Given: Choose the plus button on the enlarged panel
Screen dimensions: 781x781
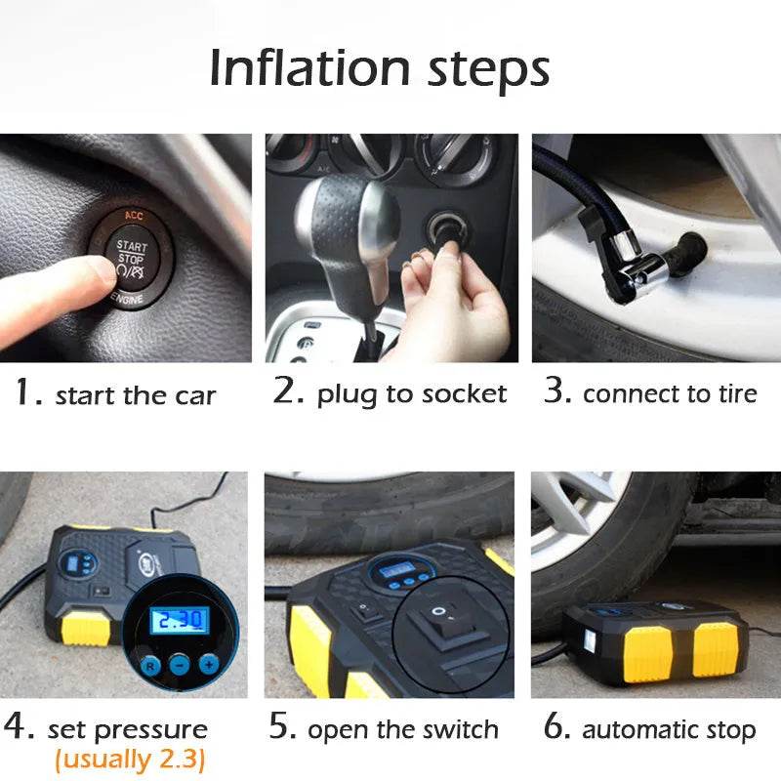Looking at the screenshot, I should click(208, 664).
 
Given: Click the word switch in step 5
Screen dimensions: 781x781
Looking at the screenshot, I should click(458, 729).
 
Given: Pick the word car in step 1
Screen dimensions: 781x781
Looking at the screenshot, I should click(195, 396).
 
